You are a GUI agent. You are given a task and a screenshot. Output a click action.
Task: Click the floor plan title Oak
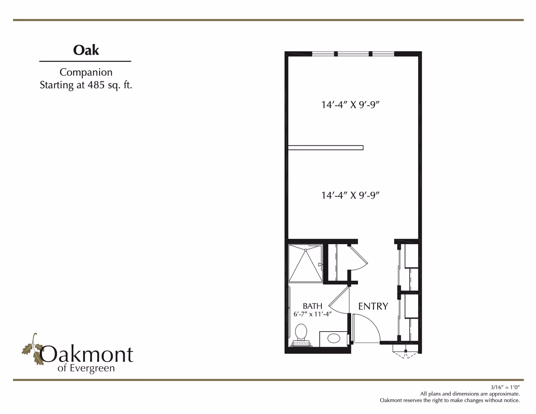86,50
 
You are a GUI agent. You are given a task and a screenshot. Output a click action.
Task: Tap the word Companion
86,72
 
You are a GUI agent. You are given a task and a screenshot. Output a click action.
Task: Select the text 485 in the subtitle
96,85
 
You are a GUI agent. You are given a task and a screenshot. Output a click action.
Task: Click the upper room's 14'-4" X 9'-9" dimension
350,105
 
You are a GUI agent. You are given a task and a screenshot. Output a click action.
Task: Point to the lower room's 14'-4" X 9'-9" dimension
350,195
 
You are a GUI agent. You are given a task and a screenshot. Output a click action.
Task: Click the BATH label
312,306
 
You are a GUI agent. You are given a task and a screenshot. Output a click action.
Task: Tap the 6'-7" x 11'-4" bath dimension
312,314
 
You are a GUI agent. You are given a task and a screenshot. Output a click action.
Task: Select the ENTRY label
373,306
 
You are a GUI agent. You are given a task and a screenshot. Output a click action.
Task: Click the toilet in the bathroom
301,335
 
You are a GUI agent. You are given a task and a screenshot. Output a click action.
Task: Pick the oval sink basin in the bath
334,339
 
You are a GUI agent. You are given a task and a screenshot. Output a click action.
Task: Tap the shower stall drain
306,250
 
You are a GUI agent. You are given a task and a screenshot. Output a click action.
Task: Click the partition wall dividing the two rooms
326,148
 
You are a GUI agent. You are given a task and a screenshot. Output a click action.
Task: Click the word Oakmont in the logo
86,354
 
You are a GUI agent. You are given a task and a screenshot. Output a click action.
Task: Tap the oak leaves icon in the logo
32,349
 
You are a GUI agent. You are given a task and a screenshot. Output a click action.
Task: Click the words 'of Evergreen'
86,368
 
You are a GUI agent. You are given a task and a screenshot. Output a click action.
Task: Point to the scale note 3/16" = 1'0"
505,387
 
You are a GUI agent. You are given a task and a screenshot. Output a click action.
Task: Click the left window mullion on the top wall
336,54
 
